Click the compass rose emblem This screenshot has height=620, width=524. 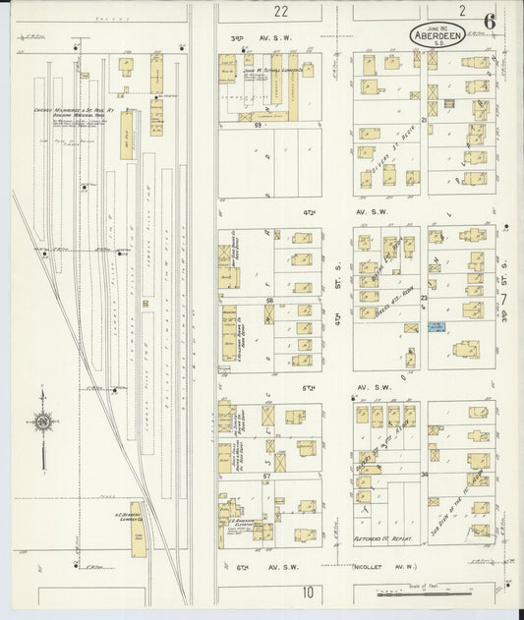point(43,423)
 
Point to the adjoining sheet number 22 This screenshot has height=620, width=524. point(281,11)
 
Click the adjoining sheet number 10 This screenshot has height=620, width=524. point(309,592)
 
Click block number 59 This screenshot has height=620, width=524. point(259,126)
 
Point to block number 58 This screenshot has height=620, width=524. point(268,299)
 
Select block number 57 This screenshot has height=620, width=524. point(265,475)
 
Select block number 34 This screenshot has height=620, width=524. point(426,474)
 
